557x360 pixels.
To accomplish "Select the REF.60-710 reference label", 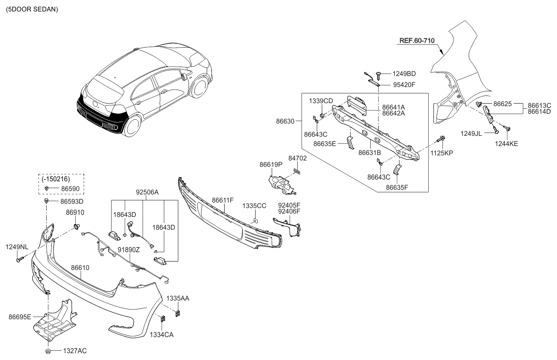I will [416, 41].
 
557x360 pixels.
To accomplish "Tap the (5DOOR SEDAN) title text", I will [32, 9].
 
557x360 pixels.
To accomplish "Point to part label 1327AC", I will [75, 351].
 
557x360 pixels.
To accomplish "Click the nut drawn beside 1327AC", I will [48, 351].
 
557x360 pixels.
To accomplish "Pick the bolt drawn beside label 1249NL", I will [19, 259].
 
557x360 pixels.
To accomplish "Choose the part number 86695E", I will [20, 316].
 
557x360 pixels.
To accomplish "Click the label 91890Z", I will [129, 250].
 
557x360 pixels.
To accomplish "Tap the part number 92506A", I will [147, 192].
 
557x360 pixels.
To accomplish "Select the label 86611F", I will [223, 200].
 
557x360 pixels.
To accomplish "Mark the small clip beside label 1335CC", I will [254, 220].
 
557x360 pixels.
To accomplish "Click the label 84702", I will [298, 158].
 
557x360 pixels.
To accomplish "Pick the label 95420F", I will [404, 85].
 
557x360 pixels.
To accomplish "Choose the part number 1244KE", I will [506, 144].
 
